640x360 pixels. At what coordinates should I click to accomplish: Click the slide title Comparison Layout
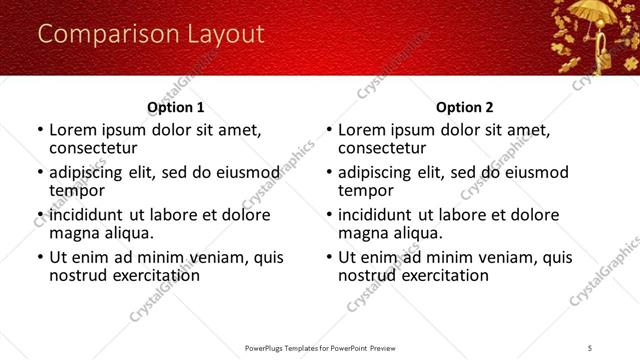(151, 34)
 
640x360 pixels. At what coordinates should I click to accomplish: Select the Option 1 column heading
(176, 107)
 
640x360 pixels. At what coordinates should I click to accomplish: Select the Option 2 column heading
(465, 107)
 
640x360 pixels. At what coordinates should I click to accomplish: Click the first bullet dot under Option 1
(40, 130)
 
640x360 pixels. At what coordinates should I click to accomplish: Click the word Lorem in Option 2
(362, 129)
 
